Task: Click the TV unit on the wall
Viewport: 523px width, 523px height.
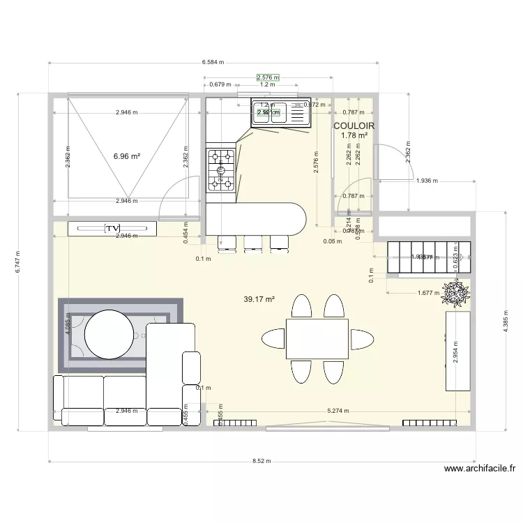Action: pyautogui.click(x=112, y=228)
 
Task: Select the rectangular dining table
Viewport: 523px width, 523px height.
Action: pyautogui.click(x=317, y=338)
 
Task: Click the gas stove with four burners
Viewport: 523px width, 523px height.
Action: pyautogui.click(x=221, y=169)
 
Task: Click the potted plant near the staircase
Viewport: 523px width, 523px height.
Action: pyautogui.click(x=457, y=293)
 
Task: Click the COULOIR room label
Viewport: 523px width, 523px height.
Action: pyautogui.click(x=354, y=126)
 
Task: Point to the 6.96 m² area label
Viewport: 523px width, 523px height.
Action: pyautogui.click(x=127, y=156)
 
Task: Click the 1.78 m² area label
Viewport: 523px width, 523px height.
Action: pyautogui.click(x=354, y=135)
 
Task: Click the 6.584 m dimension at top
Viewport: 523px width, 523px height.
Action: pyautogui.click(x=213, y=62)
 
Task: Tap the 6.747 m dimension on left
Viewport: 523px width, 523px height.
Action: pyautogui.click(x=18, y=262)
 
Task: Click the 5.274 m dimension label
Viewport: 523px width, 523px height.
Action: pyautogui.click(x=338, y=411)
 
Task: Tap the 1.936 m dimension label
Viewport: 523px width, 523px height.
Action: pyautogui.click(x=426, y=181)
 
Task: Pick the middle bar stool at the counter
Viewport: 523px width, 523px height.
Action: pyautogui.click(x=252, y=242)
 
